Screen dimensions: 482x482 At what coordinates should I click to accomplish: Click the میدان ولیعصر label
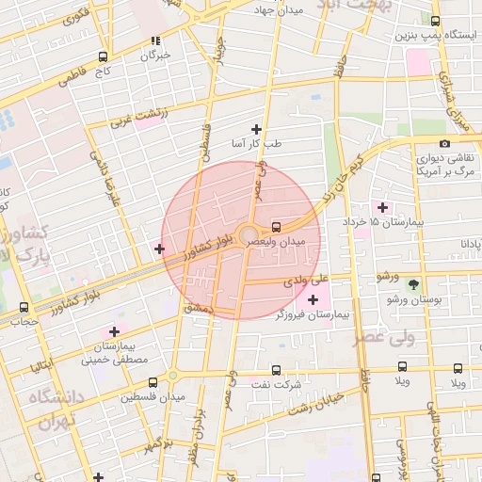click(x=278, y=242)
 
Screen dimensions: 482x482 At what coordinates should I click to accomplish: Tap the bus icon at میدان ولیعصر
click(x=276, y=226)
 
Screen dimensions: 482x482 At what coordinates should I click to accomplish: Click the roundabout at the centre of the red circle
click(x=249, y=235)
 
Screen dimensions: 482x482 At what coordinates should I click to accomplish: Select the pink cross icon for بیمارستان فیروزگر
click(x=313, y=299)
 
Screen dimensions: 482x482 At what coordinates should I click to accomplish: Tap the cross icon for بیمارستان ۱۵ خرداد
click(x=381, y=206)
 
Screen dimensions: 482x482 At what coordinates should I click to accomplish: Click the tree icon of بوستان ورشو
click(x=414, y=282)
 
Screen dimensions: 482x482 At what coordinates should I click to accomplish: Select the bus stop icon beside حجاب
click(x=24, y=307)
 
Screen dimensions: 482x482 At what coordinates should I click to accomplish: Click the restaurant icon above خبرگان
click(x=155, y=40)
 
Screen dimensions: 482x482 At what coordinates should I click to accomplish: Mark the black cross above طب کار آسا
click(x=255, y=128)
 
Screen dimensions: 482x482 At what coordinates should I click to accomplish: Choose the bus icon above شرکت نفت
click(x=276, y=370)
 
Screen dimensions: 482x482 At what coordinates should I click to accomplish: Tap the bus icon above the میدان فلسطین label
click(x=153, y=382)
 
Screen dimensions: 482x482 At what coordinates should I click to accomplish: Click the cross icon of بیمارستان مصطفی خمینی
click(x=114, y=331)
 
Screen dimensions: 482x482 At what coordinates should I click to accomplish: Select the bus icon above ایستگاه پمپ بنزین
click(x=434, y=21)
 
